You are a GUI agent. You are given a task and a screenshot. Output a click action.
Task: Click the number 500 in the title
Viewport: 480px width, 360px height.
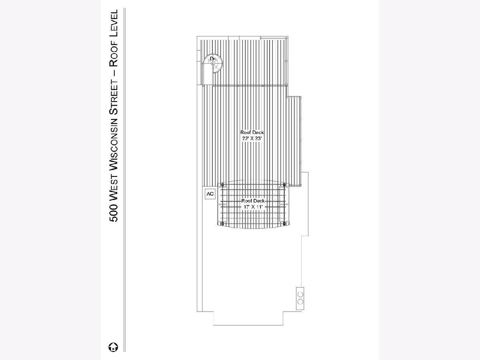[x=114, y=213]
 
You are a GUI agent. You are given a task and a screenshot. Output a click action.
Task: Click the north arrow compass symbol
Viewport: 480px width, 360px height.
[x=113, y=347]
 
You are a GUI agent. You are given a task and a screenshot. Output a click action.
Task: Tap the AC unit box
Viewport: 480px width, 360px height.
[x=210, y=194]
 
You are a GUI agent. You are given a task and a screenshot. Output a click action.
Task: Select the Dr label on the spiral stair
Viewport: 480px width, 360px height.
[x=212, y=58]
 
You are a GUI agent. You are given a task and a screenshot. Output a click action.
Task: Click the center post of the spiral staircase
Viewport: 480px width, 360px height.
[x=213, y=63]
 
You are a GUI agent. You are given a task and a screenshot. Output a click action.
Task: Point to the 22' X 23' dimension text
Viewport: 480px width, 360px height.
[x=252, y=138]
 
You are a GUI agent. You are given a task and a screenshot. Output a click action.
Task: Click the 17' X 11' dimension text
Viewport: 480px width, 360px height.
[x=253, y=207]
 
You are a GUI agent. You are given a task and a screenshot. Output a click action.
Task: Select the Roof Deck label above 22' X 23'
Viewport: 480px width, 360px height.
[x=252, y=132]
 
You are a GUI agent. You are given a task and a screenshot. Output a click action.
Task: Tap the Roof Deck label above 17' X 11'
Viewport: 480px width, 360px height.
[x=253, y=201]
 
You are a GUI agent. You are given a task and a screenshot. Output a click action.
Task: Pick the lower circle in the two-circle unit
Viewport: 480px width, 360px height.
[x=300, y=302]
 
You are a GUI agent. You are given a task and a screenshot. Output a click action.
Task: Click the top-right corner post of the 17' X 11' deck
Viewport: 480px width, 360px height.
[x=284, y=185]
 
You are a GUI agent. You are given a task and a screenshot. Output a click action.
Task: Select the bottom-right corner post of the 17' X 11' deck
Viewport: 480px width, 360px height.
[x=284, y=224]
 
